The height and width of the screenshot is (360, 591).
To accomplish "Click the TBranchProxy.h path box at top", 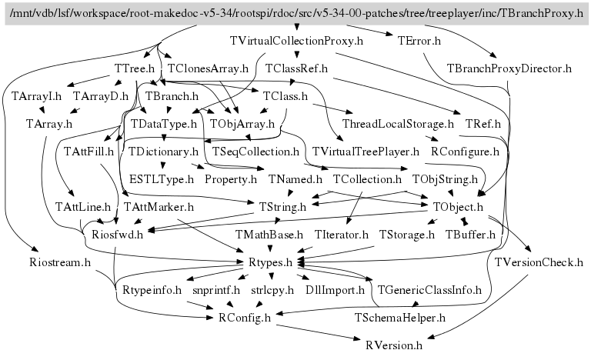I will coord(295,14).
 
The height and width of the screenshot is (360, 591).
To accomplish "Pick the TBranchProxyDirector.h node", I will coord(509,68).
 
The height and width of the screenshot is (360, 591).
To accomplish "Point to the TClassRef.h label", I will coord(297,68).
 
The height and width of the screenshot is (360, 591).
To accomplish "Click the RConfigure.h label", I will coord(465,152).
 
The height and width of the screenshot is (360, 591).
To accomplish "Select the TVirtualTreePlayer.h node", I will coord(366,152).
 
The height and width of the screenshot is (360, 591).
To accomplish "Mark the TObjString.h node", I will coord(446,179).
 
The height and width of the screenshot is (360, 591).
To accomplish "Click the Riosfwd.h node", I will coord(118,235).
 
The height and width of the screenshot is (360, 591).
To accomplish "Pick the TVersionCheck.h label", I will coord(539,262).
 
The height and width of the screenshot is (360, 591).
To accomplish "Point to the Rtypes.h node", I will coord(265,262).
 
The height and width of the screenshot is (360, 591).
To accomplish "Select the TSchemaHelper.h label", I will coord(400,317).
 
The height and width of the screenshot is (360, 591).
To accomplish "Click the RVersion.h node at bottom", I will coord(394,345).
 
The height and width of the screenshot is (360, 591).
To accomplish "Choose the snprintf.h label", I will coord(216,290).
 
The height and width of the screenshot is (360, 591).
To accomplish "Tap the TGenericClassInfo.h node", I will coord(429,290).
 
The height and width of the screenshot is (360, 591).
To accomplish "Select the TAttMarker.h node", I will coord(158,207).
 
